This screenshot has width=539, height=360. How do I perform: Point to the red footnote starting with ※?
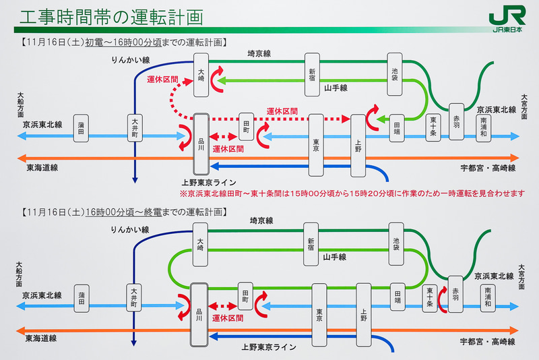click(x=352, y=193)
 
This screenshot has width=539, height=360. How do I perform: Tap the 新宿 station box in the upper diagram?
click(x=312, y=74)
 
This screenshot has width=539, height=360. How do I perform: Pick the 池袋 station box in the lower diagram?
click(x=395, y=243)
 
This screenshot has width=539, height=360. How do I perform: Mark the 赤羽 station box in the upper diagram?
click(x=456, y=121)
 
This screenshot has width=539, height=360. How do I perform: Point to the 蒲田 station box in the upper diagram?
click(x=82, y=128)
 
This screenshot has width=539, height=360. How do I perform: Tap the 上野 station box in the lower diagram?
click(x=364, y=313)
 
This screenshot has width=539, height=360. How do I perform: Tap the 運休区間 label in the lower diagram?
click(x=227, y=318)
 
